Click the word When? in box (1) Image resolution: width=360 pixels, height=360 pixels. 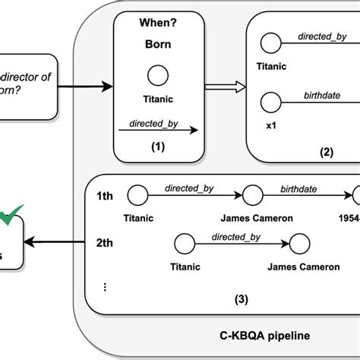click(x=158, y=24)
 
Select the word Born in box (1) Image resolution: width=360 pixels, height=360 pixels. click(x=158, y=44)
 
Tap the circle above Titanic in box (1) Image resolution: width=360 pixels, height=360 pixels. click(x=158, y=76)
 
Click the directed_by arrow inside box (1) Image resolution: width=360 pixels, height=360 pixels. click(x=158, y=130)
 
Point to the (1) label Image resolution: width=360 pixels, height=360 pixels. click(x=158, y=147)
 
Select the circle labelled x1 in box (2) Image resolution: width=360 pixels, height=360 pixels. click(x=268, y=99)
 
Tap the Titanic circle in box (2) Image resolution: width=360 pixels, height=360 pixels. click(x=268, y=39)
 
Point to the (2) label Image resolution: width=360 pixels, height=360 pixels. click(x=327, y=151)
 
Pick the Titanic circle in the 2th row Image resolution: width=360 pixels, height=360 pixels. click(x=185, y=244)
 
